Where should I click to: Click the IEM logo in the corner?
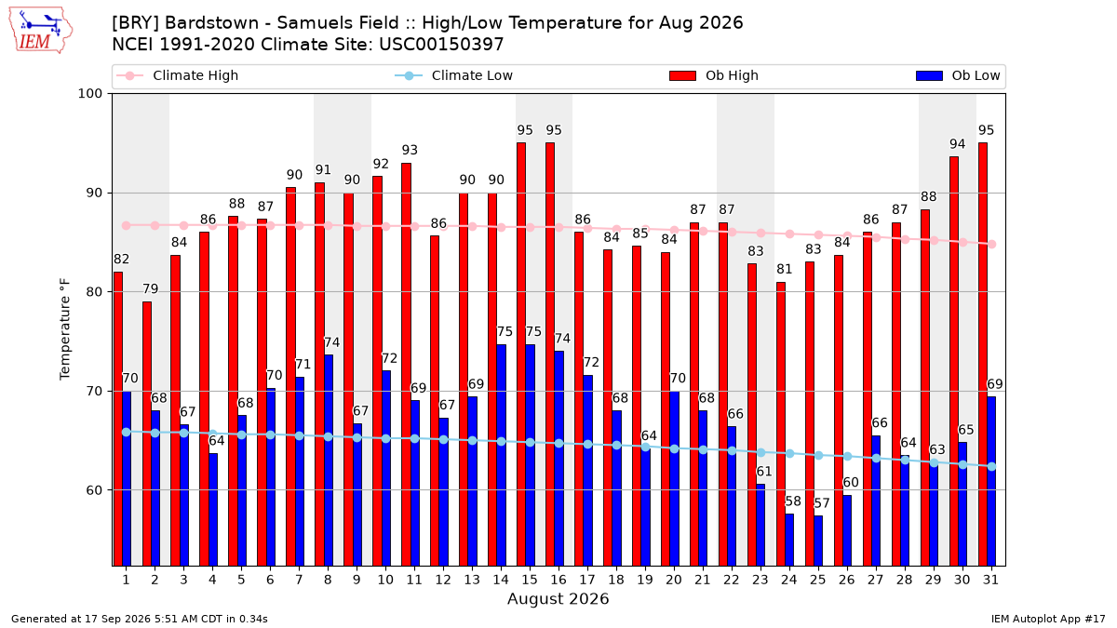pos(40,31)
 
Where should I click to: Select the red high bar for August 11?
pos(406,365)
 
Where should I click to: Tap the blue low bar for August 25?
pos(818,541)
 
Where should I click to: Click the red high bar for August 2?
pos(147,434)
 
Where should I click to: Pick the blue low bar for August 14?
pos(501,455)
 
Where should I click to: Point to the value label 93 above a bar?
pos(410,150)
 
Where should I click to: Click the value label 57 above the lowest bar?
pos(822,503)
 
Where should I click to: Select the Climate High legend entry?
pos(178,75)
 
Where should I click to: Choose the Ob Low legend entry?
pos(958,75)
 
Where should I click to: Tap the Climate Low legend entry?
pos(454,75)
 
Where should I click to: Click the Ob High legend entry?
pos(714,75)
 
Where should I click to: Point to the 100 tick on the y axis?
pos(89,94)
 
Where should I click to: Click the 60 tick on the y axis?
pos(94,490)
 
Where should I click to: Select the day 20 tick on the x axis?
pos(674,580)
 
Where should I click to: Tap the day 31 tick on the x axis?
pos(990,580)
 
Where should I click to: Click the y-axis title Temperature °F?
pos(65,329)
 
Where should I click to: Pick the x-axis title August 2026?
pos(558,598)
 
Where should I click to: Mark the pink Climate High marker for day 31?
pos(992,244)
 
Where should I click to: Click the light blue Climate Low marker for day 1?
pos(127,432)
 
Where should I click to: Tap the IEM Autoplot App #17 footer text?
pos(1048,619)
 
